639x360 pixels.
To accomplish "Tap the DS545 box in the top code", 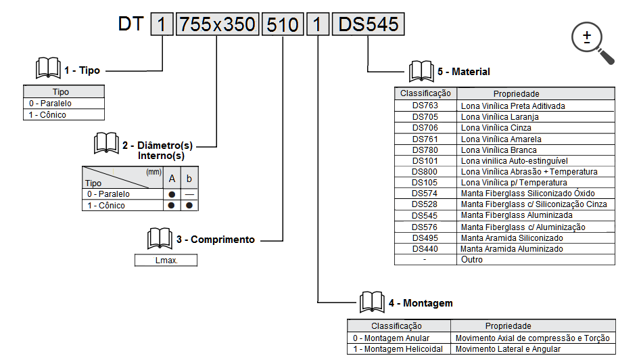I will click(369, 25).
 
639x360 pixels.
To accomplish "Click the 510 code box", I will click(283, 25).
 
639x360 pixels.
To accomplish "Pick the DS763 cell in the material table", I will click(425, 106).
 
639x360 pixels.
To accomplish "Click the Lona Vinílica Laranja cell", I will click(500, 117).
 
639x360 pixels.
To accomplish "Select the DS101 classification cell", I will click(425, 161).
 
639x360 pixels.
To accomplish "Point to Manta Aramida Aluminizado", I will click(511, 249).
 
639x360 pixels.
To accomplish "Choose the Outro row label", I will click(471, 259).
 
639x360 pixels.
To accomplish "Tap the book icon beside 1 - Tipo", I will click(47, 68).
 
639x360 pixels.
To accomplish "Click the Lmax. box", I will click(166, 260).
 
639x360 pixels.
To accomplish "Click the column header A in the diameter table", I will click(172, 179).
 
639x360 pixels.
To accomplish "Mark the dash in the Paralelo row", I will click(189, 194).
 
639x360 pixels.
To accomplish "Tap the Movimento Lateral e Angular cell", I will click(508, 348).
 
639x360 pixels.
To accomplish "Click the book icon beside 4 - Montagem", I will click(372, 302).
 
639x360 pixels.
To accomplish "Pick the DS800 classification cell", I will click(425, 172).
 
